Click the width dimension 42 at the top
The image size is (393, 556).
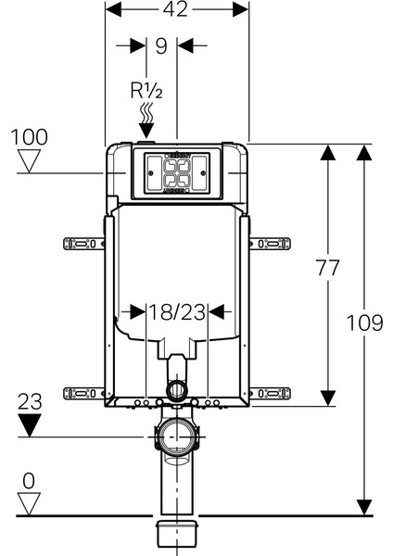pyautogui.click(x=175, y=9)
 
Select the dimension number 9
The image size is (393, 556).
pyautogui.click(x=161, y=46)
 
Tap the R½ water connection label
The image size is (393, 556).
pyautogui.click(x=146, y=91)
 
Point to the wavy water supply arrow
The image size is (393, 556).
pyautogui.click(x=146, y=120)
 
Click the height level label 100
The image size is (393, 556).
pyautogui.click(x=29, y=137)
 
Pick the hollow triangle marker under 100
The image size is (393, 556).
pyautogui.click(x=30, y=161)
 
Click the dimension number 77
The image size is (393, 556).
pyautogui.click(x=328, y=268)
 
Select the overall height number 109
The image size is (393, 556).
pyautogui.click(x=364, y=323)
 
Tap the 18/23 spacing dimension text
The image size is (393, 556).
pyautogui.click(x=177, y=312)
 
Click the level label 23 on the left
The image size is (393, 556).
pyautogui.click(x=30, y=402)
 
